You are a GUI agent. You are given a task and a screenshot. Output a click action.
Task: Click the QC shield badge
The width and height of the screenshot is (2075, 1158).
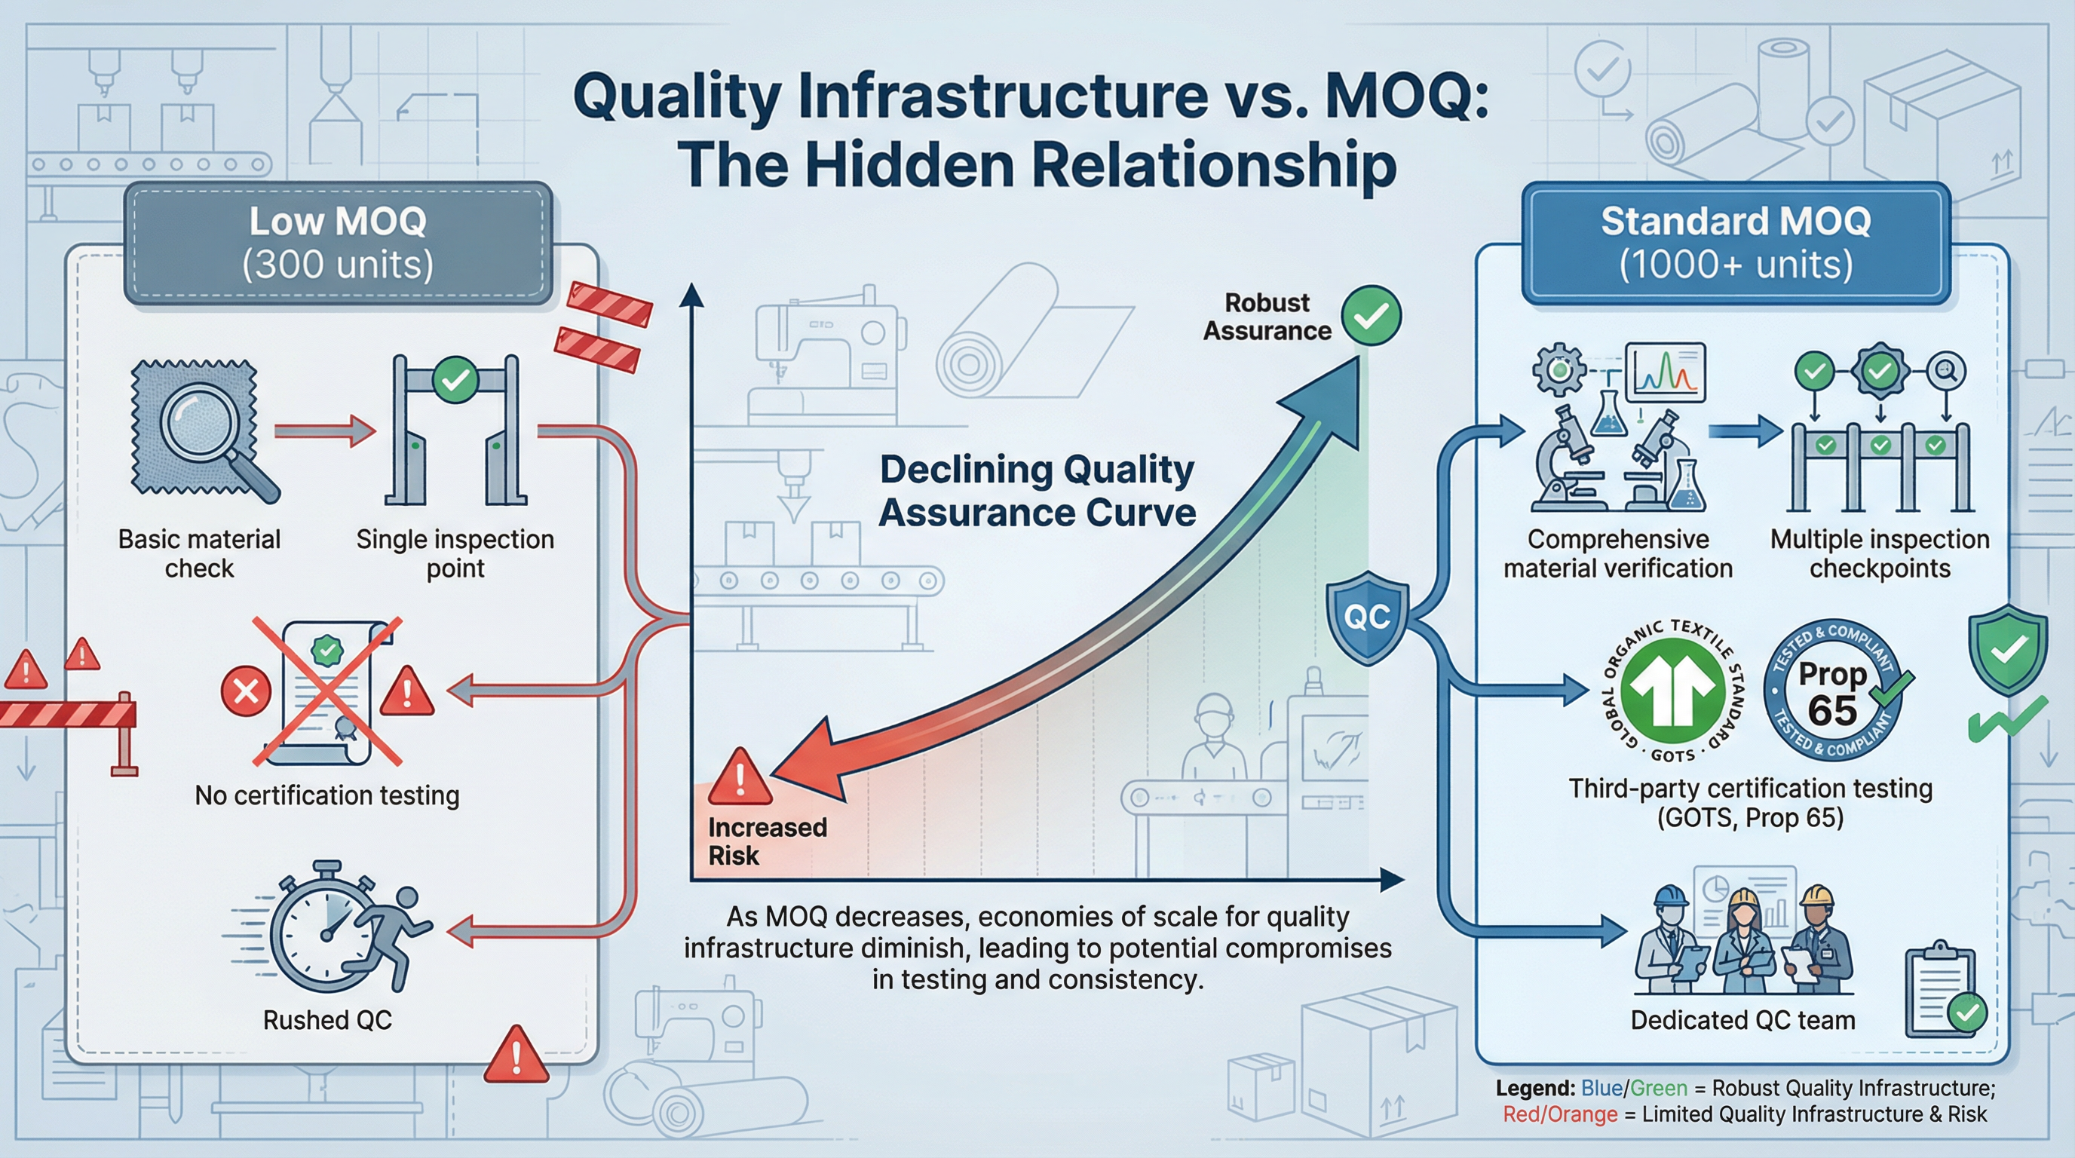click(1367, 617)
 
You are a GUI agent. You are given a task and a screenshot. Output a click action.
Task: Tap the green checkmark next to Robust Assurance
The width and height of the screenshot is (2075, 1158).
click(1371, 316)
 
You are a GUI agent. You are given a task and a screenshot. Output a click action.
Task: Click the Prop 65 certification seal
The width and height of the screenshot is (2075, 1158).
click(1834, 691)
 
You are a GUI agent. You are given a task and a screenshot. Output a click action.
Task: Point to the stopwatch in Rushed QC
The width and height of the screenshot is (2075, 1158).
click(322, 934)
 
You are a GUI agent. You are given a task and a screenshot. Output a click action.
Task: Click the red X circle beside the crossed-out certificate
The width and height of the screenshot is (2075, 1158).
click(246, 691)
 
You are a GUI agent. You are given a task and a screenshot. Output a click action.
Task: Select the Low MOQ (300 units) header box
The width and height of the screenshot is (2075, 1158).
click(339, 244)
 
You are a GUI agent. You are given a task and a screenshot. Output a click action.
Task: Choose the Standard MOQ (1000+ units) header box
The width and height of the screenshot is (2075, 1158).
click(1735, 244)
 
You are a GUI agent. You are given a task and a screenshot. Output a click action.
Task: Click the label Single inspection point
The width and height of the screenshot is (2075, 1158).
click(455, 553)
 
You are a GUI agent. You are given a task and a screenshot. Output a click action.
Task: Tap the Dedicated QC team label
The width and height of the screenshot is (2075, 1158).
click(1742, 1020)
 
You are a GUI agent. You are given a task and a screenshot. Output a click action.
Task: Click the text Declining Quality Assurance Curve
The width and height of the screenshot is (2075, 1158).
click(1037, 491)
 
